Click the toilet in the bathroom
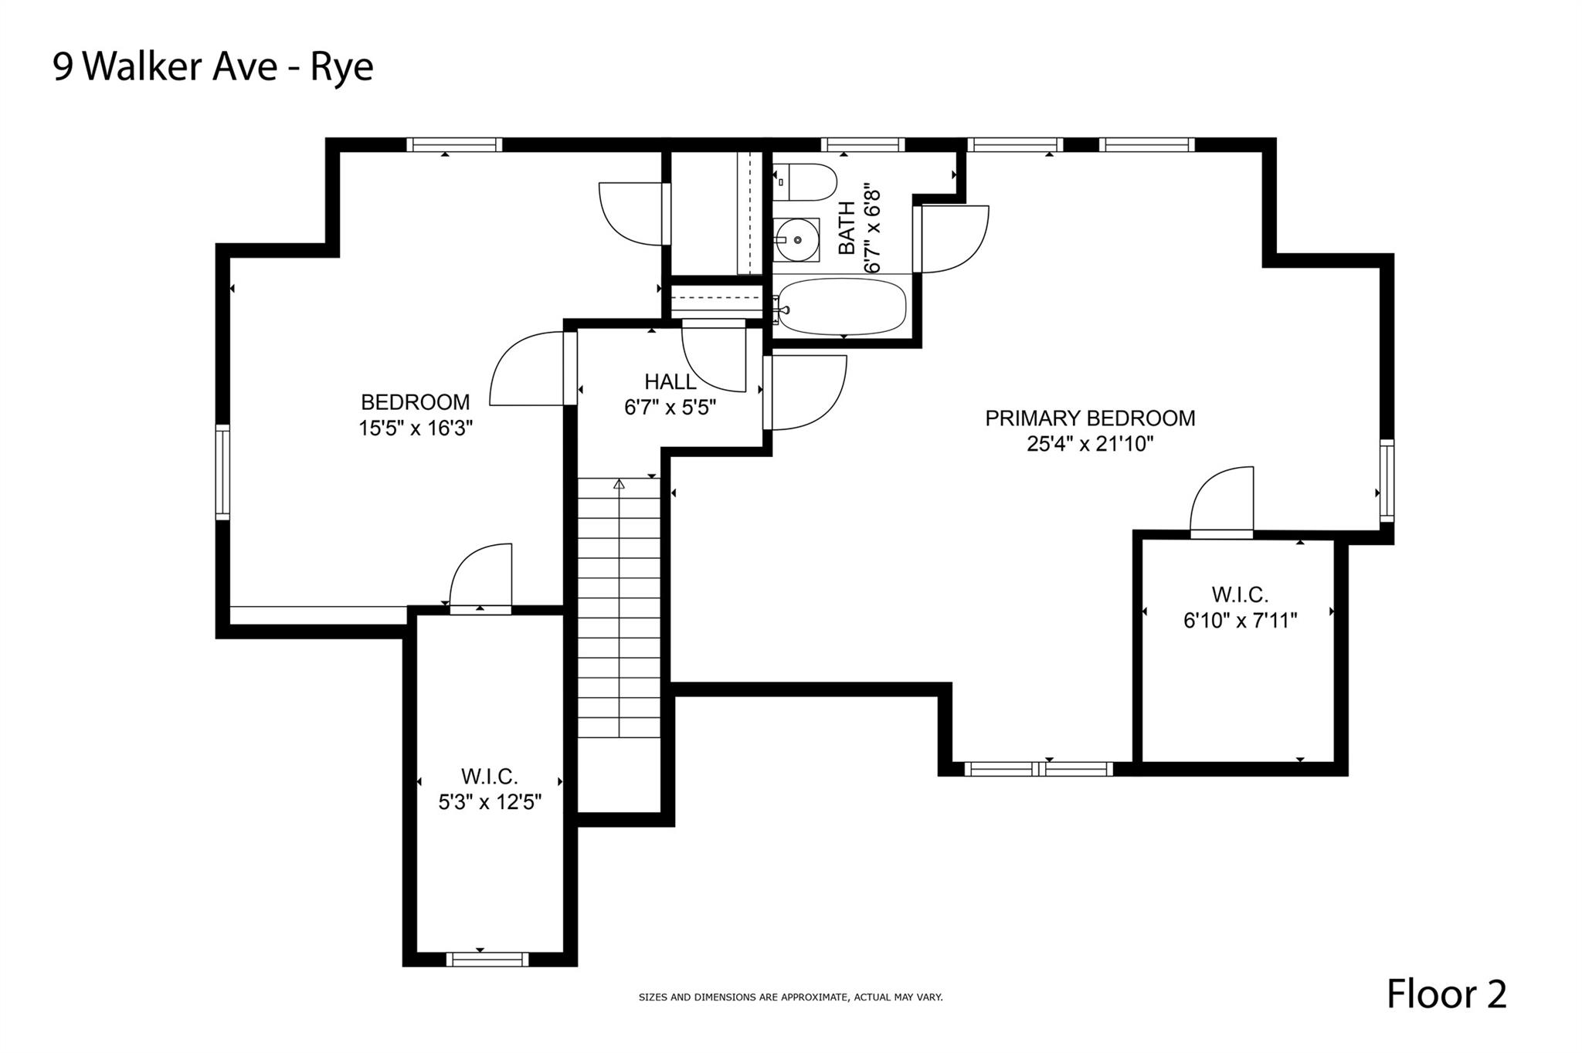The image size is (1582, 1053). pos(805,182)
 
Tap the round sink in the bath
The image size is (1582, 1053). pos(796,240)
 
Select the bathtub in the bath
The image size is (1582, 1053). pos(840,306)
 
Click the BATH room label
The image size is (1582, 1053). pos(847,228)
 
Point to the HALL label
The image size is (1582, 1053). pos(670,381)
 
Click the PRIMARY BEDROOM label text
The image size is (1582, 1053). pos(1090,418)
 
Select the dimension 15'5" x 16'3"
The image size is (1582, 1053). pos(416,428)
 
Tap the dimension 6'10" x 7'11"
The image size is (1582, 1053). pos(1240,620)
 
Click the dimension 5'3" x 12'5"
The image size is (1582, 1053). pos(490,802)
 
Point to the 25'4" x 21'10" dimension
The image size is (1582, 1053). pos(1090,444)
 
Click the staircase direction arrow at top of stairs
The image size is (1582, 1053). pos(619,484)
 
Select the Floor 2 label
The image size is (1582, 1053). pos(1446,994)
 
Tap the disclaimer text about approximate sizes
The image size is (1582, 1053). pos(790,997)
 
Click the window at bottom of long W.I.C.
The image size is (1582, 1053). pos(487,960)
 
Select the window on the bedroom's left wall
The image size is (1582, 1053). pos(222,471)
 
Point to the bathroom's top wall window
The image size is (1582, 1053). pos(862,144)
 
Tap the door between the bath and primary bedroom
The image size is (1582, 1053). pos(950,239)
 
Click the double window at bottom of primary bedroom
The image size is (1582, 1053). pos(1039,769)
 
